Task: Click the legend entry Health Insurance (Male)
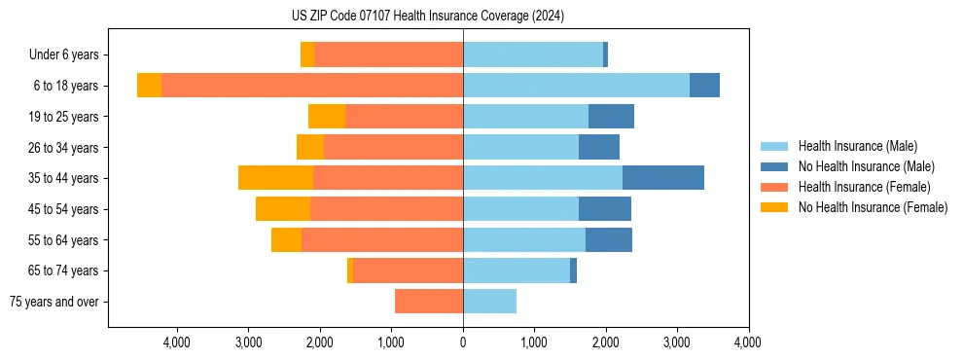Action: pos(857,146)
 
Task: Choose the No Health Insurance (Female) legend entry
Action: pos(873,207)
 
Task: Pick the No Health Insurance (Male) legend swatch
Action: pos(775,166)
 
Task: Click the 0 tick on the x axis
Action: pos(463,342)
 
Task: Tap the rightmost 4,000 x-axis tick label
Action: pos(748,342)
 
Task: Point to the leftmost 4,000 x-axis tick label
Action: pos(177,342)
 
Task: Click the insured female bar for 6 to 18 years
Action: pos(312,85)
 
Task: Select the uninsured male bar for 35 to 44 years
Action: pos(663,178)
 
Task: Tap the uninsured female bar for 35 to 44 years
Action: pos(275,178)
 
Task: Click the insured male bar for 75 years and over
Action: pos(489,302)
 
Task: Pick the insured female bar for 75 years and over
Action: pos(429,302)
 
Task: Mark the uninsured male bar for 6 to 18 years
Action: pos(704,85)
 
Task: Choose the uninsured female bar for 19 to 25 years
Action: pos(327,117)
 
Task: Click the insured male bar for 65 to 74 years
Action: pos(517,270)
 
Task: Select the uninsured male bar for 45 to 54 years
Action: pos(605,209)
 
